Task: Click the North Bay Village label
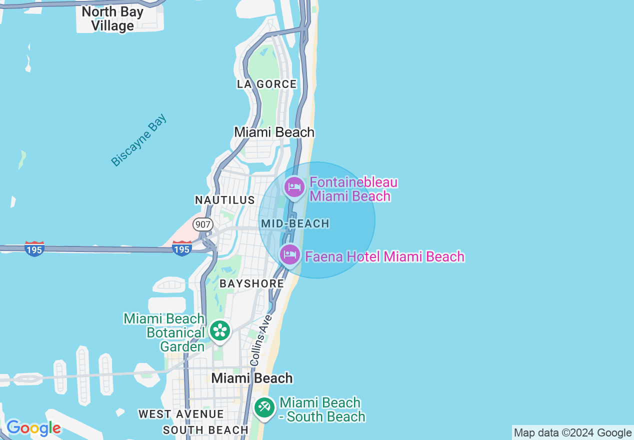pos(112,19)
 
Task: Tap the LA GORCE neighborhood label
pos(267,84)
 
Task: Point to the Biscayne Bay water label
pos(138,140)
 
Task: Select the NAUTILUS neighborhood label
pos(225,200)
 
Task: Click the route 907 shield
pos(203,224)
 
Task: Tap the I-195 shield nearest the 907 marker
pos(181,248)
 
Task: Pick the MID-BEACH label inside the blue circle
pos(295,223)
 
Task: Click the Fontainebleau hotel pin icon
pos(294,188)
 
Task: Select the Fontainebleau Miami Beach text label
pos(353,189)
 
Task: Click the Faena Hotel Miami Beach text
pos(384,257)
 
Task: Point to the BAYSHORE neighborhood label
pos(252,284)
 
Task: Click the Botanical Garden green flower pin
pos(219,330)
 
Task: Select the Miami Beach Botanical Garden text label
pos(164,332)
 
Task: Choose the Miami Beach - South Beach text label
pos(322,409)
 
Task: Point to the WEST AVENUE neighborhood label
pos(181,414)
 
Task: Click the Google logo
pos(33,428)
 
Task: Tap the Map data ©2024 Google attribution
pos(572,433)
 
